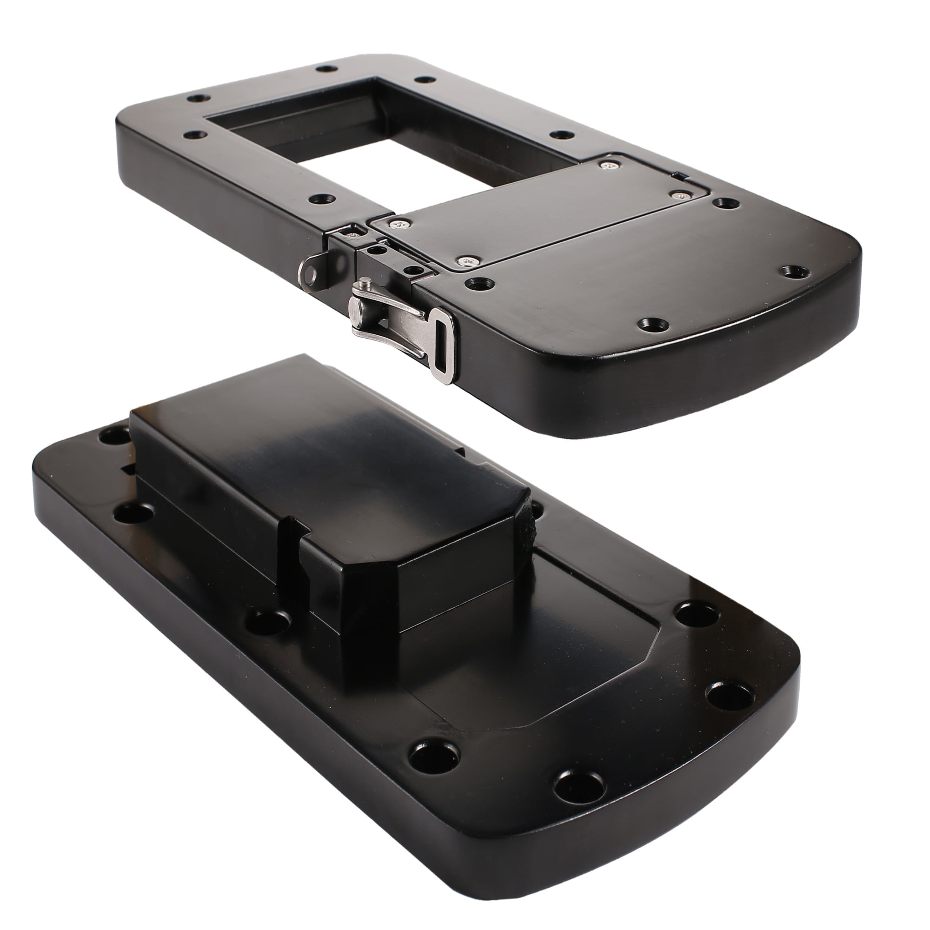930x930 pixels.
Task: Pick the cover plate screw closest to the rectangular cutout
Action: pos(608,165)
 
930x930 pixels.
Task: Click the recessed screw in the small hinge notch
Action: pos(354,233)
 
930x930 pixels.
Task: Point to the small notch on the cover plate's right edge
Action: pos(678,175)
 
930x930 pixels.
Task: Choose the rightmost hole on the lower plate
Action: pos(728,699)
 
